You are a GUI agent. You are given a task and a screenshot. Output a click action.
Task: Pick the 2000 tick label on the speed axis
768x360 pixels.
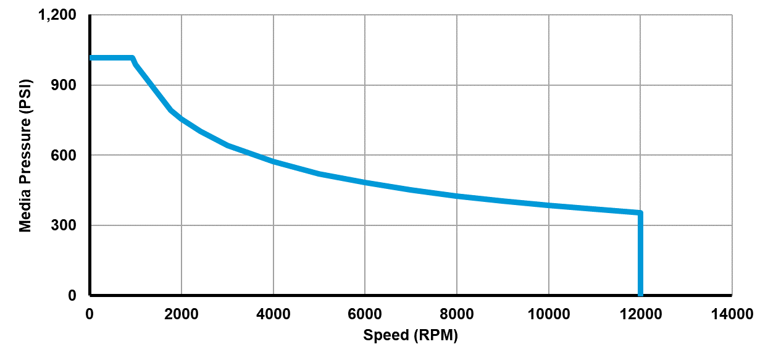pyautogui.click(x=182, y=314)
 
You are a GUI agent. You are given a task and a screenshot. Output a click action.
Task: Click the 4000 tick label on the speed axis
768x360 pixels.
pyautogui.click(x=273, y=314)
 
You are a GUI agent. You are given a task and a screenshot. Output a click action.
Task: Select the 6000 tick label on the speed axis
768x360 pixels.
pyautogui.click(x=365, y=314)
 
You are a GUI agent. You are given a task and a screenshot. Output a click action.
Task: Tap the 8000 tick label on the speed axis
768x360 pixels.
pyautogui.click(x=457, y=314)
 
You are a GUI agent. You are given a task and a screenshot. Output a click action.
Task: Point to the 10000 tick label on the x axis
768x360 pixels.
pyautogui.click(x=548, y=314)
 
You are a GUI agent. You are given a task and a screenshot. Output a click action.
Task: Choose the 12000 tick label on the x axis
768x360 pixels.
pyautogui.click(x=640, y=314)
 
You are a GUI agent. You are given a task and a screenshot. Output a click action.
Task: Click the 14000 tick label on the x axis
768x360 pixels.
pyautogui.click(x=732, y=314)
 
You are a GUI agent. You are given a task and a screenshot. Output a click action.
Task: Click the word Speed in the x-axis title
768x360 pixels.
pyautogui.click(x=386, y=335)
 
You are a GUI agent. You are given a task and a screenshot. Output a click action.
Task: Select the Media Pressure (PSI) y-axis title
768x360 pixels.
pyautogui.click(x=25, y=155)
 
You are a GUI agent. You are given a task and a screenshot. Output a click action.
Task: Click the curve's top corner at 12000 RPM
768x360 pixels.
pyautogui.click(x=640, y=213)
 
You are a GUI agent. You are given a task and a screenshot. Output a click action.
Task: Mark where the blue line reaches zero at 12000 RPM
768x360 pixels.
pyautogui.click(x=640, y=295)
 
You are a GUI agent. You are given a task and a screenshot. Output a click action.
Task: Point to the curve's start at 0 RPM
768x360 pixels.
pyautogui.click(x=91, y=58)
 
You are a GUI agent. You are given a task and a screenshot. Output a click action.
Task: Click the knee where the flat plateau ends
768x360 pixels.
pyautogui.click(x=132, y=58)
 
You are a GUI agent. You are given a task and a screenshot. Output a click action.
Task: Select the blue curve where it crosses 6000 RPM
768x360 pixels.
pyautogui.click(x=365, y=183)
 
